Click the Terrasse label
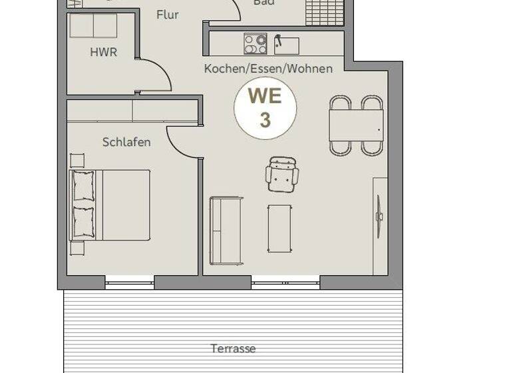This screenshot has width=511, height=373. (233, 348)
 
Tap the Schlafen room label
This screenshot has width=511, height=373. (126, 142)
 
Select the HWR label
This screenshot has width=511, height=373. (103, 52)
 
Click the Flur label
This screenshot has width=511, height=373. (167, 15)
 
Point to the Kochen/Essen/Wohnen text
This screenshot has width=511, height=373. (268, 69)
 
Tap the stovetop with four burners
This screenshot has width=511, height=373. (255, 44)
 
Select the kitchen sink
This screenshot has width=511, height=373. (287, 45)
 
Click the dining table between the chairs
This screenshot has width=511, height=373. (356, 125)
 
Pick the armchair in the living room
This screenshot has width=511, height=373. (282, 173)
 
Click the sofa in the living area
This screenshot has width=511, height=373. (225, 230)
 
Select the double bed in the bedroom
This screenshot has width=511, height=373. (110, 204)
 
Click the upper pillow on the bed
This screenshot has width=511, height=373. (83, 185)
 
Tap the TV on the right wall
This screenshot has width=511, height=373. (379, 216)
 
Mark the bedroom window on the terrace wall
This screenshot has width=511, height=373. (130, 283)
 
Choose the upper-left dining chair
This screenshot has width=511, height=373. (340, 104)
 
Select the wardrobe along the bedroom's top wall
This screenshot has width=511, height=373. (133, 111)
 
